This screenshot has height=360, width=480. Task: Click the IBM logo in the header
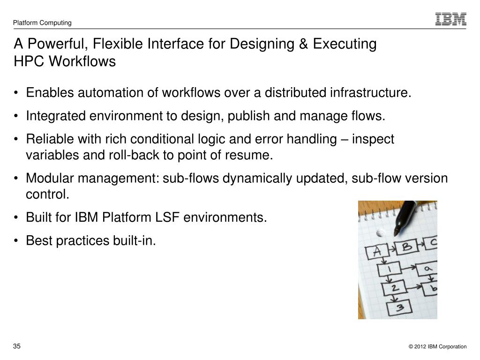pyautogui.click(x=450, y=19)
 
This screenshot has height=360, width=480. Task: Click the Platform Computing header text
pyautogui.click(x=42, y=22)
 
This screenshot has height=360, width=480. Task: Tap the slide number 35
pyautogui.click(x=17, y=346)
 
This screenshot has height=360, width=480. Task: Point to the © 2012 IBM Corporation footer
pyautogui.click(x=437, y=347)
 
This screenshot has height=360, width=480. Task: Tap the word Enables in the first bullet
pyautogui.click(x=50, y=93)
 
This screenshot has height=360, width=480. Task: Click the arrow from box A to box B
pyautogui.click(x=390, y=249)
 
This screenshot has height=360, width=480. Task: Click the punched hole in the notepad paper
pyautogui.click(x=381, y=232)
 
